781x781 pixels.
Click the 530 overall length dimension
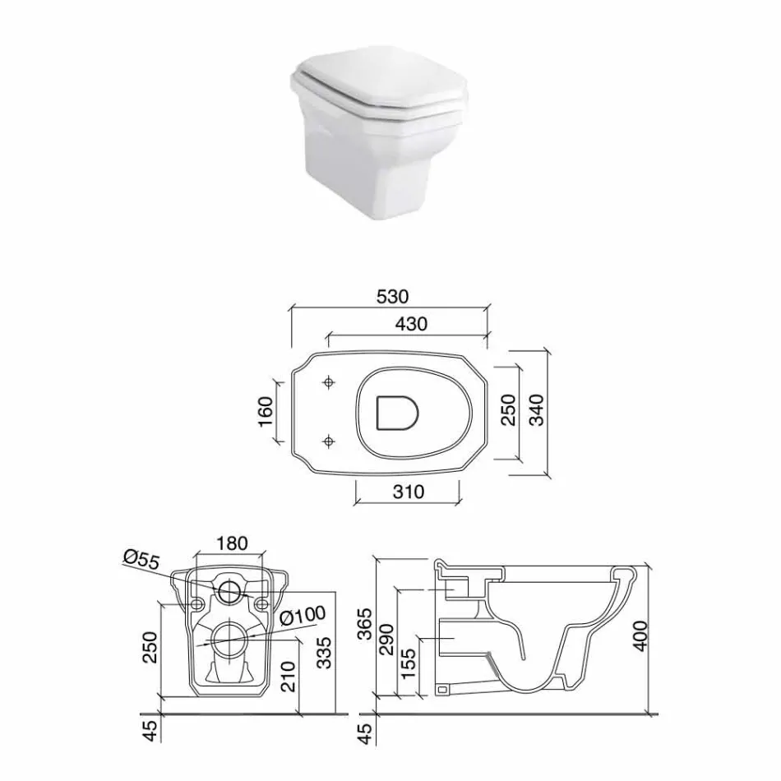coord(392,296)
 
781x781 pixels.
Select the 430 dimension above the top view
coord(410,324)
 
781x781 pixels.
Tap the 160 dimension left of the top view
coord(265,413)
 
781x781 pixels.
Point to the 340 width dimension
coord(536,410)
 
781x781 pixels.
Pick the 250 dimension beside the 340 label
coord(507,410)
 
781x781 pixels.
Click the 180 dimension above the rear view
coord(231,543)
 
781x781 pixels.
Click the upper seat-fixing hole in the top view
coord(330,382)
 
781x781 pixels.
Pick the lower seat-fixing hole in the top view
coord(330,442)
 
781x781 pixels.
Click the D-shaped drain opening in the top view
coord(396,413)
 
